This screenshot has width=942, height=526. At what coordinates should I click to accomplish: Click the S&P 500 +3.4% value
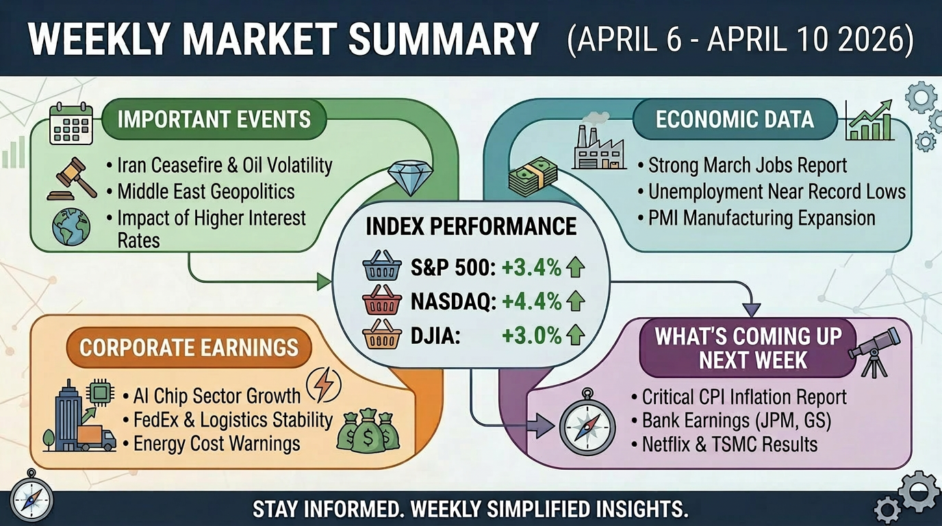(x=531, y=268)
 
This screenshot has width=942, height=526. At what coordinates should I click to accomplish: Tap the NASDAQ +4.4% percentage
(x=531, y=301)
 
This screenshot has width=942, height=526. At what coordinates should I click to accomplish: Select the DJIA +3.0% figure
(x=531, y=336)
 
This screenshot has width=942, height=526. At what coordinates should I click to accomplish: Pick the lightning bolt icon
(x=322, y=385)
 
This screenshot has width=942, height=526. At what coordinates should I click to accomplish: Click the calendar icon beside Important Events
(x=71, y=123)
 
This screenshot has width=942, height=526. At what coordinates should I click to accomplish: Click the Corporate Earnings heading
(x=189, y=347)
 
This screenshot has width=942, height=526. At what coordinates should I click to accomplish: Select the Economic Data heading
(x=735, y=119)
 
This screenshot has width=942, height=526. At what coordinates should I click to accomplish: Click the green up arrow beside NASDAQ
(x=576, y=301)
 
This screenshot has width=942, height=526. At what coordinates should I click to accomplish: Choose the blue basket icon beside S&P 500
(x=381, y=268)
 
